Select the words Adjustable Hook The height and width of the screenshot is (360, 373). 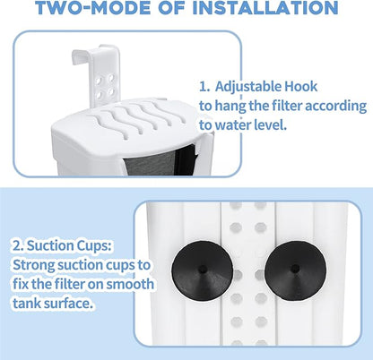pyautogui.click(x=268, y=89)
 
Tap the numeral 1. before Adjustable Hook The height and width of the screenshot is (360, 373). pyautogui.click(x=206, y=89)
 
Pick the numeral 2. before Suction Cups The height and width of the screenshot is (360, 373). pyautogui.click(x=18, y=244)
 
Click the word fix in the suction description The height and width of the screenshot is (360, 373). pyautogui.click(x=22, y=286)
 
